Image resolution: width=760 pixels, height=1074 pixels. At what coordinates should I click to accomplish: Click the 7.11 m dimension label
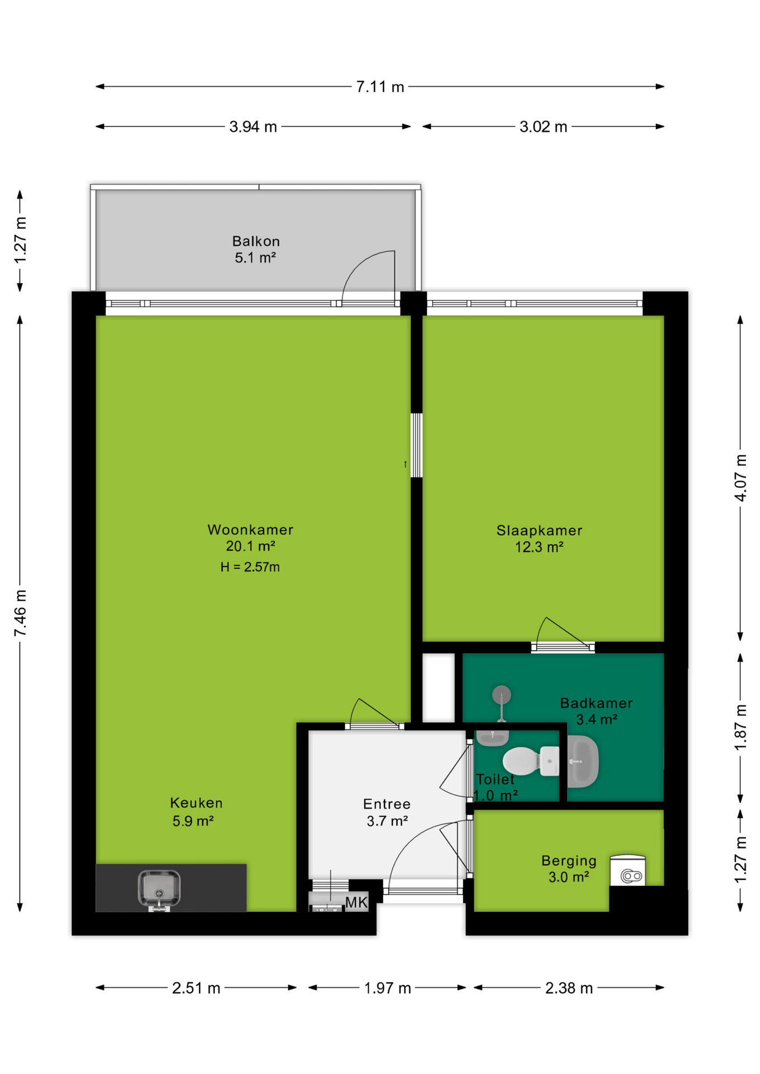(x=380, y=87)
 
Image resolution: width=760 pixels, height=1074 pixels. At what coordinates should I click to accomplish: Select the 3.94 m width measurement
(x=253, y=126)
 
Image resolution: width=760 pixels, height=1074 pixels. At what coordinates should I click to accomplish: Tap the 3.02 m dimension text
(x=543, y=126)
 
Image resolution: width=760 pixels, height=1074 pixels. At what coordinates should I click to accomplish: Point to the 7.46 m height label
(x=20, y=613)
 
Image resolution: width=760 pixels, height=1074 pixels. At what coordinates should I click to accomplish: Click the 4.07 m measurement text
(x=740, y=478)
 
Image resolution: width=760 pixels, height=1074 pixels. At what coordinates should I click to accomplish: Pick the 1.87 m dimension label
(x=740, y=727)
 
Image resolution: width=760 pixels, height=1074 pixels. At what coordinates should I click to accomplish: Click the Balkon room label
(x=256, y=241)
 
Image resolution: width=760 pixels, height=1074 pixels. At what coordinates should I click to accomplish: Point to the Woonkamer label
(x=250, y=530)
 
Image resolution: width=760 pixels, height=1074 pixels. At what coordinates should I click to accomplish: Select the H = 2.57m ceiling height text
(x=250, y=567)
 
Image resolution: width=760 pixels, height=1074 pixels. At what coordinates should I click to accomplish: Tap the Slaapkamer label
(x=539, y=530)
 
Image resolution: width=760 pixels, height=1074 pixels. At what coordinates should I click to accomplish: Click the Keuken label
(x=196, y=803)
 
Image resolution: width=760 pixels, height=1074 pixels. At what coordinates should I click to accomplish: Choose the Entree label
(x=387, y=804)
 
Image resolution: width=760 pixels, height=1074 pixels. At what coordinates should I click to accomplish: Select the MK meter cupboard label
(x=356, y=902)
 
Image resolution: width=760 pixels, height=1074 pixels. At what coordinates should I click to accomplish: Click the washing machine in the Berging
(x=627, y=870)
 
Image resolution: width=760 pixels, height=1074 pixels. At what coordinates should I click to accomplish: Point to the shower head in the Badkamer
(x=501, y=695)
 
